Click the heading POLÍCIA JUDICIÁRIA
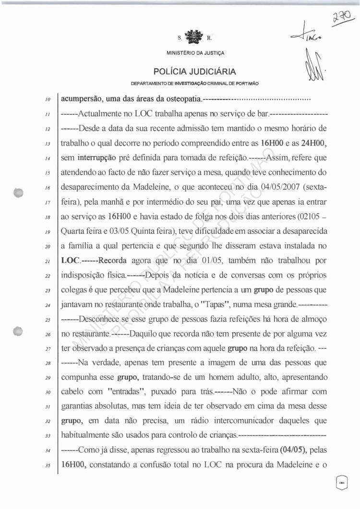click(195, 72)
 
